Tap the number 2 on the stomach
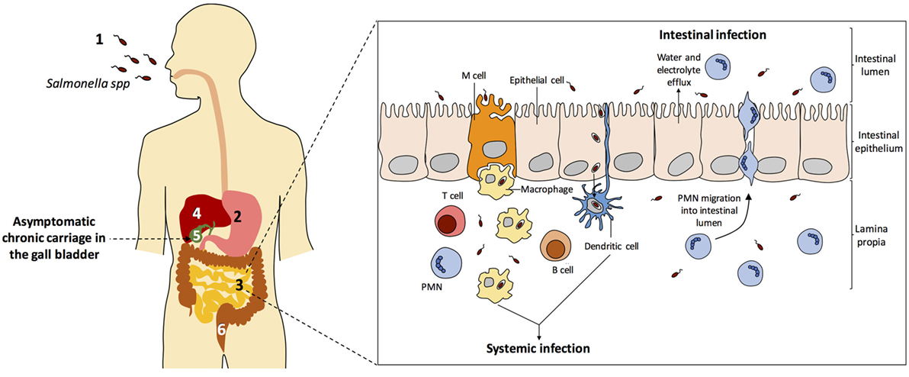click(x=237, y=216)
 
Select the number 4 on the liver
click(x=197, y=211)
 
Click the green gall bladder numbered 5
click(x=197, y=237)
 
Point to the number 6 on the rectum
click(x=221, y=330)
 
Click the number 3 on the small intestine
click(x=239, y=285)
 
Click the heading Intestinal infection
click(x=712, y=35)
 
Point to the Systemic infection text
click(x=538, y=349)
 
